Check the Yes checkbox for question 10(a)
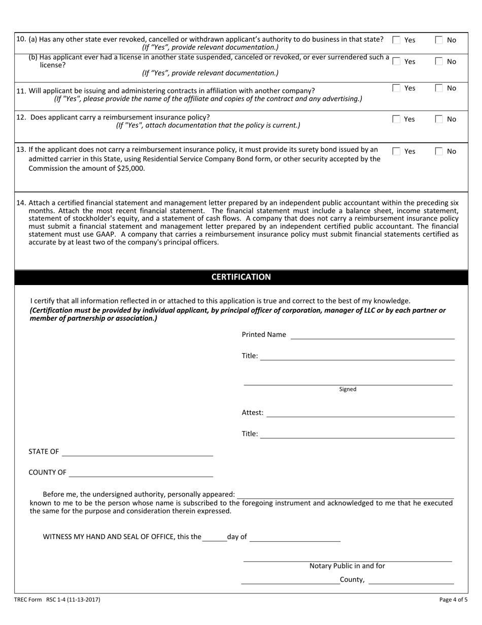click(x=397, y=40)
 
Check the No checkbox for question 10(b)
click(x=439, y=61)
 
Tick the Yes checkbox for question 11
click(x=397, y=88)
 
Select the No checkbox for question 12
click(x=439, y=119)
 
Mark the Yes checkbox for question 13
click(x=397, y=151)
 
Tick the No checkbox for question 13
click(x=439, y=151)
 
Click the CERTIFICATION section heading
click(x=241, y=277)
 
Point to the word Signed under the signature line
click(x=348, y=390)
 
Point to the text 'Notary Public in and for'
click(x=348, y=566)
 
